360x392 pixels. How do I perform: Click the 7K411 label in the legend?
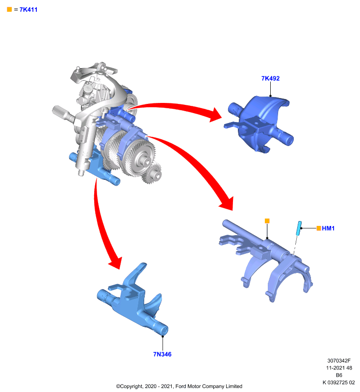point(28,10)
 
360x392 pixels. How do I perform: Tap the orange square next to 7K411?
point(9,9)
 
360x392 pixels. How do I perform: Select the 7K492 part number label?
point(270,78)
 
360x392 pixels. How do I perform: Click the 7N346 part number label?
point(162,354)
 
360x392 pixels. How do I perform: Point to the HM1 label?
point(328,228)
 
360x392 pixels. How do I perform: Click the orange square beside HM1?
point(319,228)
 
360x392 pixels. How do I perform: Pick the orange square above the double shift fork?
point(267,221)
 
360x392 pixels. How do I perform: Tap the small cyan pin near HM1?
point(299,228)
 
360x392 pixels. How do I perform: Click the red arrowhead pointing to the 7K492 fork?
point(215,115)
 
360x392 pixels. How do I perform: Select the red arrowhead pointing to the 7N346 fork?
point(116,263)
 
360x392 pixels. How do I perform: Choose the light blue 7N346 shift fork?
point(132,300)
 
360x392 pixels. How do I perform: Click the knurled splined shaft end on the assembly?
point(59,111)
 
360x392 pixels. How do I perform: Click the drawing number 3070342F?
point(339,361)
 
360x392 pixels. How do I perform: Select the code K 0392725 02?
point(339,382)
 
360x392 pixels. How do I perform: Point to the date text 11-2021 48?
point(339,368)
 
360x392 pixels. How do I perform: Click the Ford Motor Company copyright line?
point(179,386)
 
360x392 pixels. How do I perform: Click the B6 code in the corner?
point(339,375)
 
